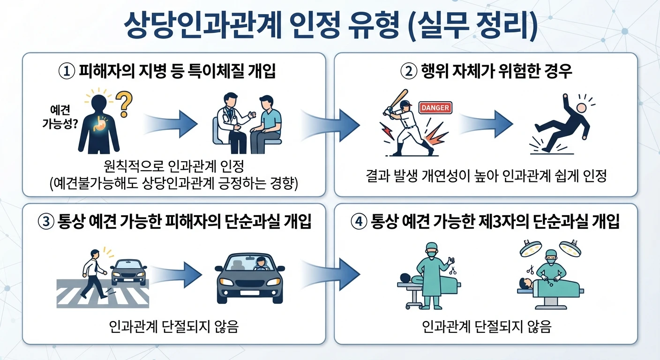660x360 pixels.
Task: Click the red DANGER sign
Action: click(x=435, y=108)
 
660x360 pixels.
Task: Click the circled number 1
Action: click(x=67, y=71)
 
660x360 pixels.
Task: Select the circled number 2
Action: click(x=409, y=71)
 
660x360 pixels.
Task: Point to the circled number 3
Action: click(x=46, y=222)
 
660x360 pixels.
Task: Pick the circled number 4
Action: click(x=359, y=222)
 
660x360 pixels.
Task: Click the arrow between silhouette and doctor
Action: click(x=171, y=124)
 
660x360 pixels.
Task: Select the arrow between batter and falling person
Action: click(x=486, y=124)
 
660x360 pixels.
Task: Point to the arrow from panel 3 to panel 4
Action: click(x=330, y=274)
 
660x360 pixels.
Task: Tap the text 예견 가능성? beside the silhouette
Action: click(x=60, y=117)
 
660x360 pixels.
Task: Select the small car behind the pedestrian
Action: click(x=128, y=272)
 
